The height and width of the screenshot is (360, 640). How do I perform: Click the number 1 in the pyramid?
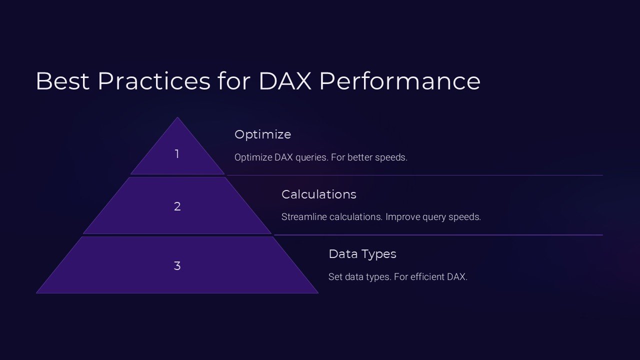coord(176,154)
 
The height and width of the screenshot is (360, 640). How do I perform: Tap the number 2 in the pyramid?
coord(177,206)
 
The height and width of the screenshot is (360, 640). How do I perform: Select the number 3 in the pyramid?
coord(177,266)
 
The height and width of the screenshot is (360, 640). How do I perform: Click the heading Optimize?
coord(262,134)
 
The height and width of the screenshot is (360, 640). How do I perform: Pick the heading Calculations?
coord(318,194)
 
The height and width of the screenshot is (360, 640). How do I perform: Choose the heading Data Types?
coord(362,254)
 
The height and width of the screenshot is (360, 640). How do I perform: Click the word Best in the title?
coord(63,81)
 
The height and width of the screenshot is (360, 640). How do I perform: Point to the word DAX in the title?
coord(284,81)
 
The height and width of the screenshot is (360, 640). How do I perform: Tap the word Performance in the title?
coord(399,81)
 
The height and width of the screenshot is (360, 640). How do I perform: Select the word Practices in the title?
coord(154,81)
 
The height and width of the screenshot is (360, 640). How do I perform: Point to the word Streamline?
coord(304,217)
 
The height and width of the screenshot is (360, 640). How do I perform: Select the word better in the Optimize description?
coord(360,157)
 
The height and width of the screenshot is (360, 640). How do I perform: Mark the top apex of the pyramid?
coord(177,117)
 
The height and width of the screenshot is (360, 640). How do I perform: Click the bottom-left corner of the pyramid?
coord(36,293)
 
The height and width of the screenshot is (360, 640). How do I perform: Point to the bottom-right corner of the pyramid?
coord(318,293)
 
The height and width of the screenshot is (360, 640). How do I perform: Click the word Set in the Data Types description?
coord(335,276)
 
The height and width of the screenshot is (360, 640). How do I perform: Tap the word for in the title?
coord(233,81)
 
